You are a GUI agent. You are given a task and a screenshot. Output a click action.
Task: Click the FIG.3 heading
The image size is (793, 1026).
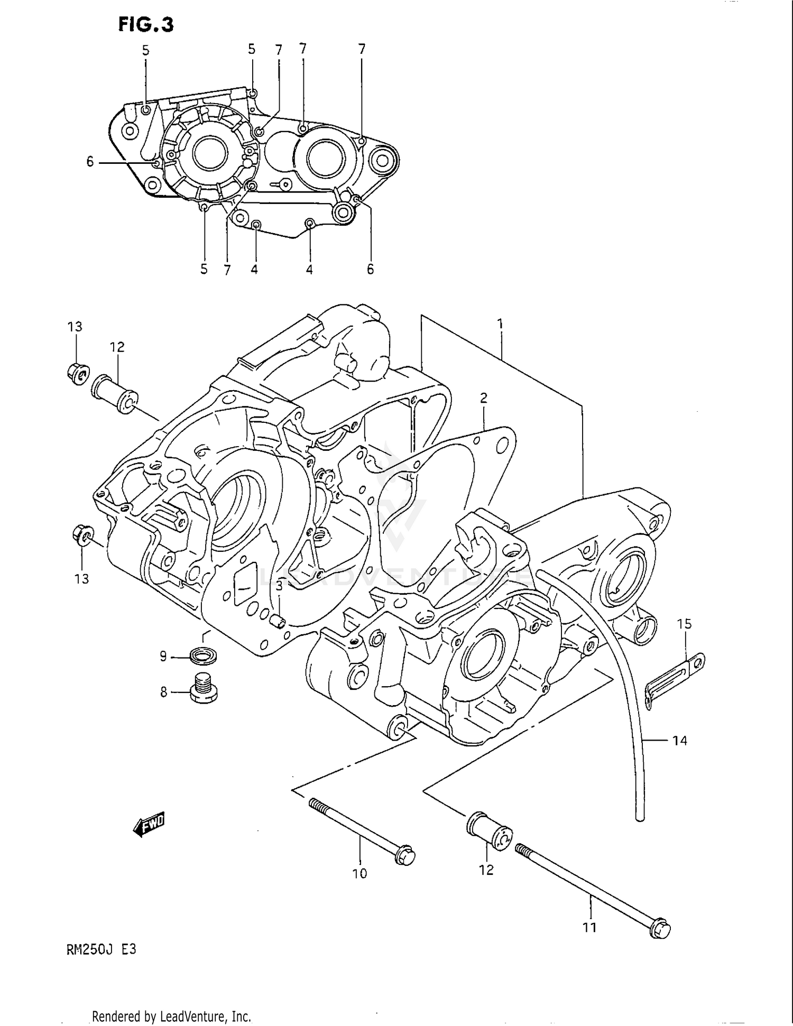tap(145, 24)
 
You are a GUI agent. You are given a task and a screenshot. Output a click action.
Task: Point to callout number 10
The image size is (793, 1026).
tap(359, 874)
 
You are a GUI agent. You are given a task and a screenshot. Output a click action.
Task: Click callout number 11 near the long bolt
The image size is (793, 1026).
tap(589, 927)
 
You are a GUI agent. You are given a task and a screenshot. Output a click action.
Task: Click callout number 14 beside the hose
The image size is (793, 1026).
tap(679, 741)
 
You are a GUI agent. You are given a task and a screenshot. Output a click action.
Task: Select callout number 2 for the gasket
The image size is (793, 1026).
tap(483, 398)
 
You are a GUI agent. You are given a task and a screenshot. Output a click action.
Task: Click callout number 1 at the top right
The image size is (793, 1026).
tap(500, 323)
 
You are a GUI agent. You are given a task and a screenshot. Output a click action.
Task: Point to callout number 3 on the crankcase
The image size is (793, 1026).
tap(279, 585)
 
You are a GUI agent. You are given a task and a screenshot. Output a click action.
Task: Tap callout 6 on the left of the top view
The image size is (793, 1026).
tap(90, 162)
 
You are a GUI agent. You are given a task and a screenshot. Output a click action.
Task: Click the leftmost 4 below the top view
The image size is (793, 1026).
tap(254, 270)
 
